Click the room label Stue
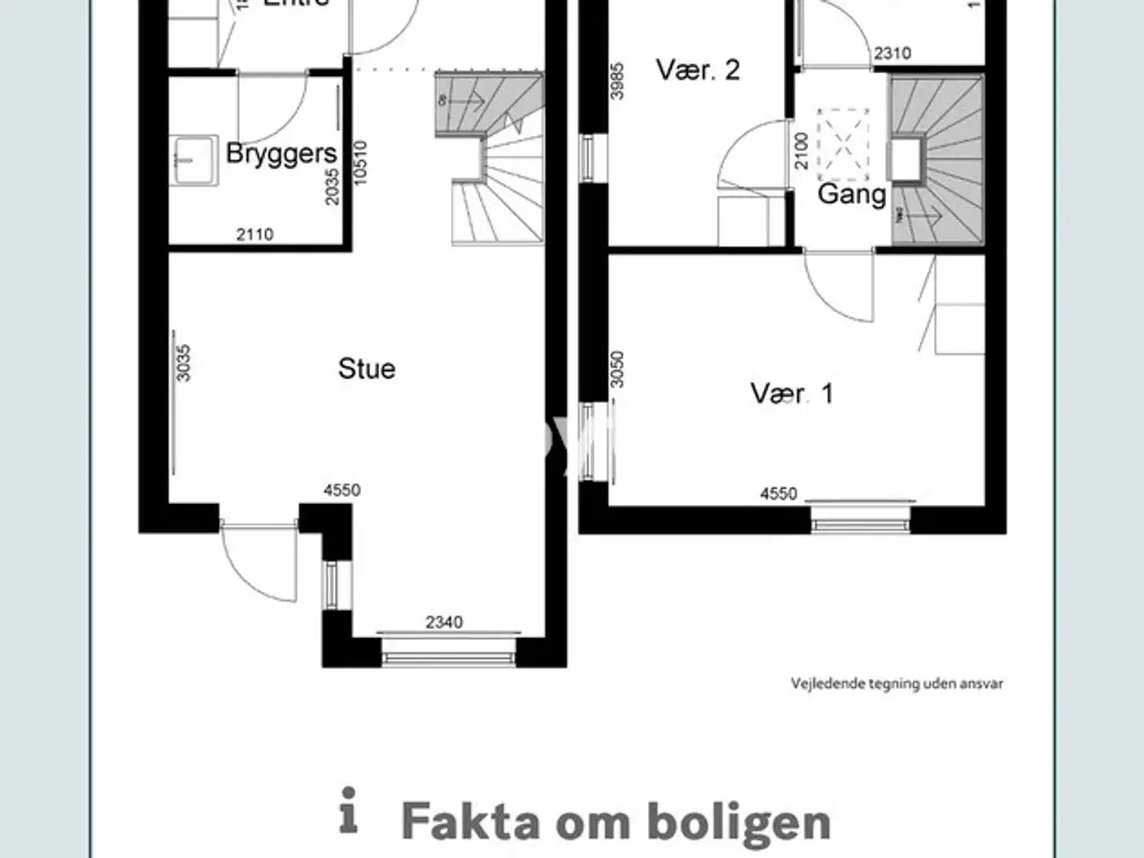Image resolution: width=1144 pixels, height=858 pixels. [366, 369]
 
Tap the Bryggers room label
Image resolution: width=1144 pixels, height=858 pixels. [281, 154]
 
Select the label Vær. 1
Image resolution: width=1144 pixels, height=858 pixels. [792, 393]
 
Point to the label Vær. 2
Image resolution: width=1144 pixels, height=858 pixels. [697, 71]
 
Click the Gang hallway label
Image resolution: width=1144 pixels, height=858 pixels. [852, 194]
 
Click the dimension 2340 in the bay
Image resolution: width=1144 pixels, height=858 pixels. [444, 622]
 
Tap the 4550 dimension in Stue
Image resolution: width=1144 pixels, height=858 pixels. [341, 490]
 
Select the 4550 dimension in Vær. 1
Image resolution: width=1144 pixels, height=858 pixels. [778, 493]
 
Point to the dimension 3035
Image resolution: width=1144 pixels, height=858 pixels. [183, 363]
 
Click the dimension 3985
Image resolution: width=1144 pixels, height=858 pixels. [617, 80]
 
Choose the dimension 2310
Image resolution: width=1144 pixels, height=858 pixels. [892, 54]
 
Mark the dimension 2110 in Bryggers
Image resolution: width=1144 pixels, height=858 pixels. [255, 234]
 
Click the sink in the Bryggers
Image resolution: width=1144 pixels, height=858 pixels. [194, 161]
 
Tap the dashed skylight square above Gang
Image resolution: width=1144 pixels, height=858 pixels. [843, 143]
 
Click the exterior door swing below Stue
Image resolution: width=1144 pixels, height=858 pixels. [259, 563]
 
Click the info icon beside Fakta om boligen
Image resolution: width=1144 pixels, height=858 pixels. [349, 811]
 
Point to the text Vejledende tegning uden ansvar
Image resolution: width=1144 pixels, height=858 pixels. [896, 684]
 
